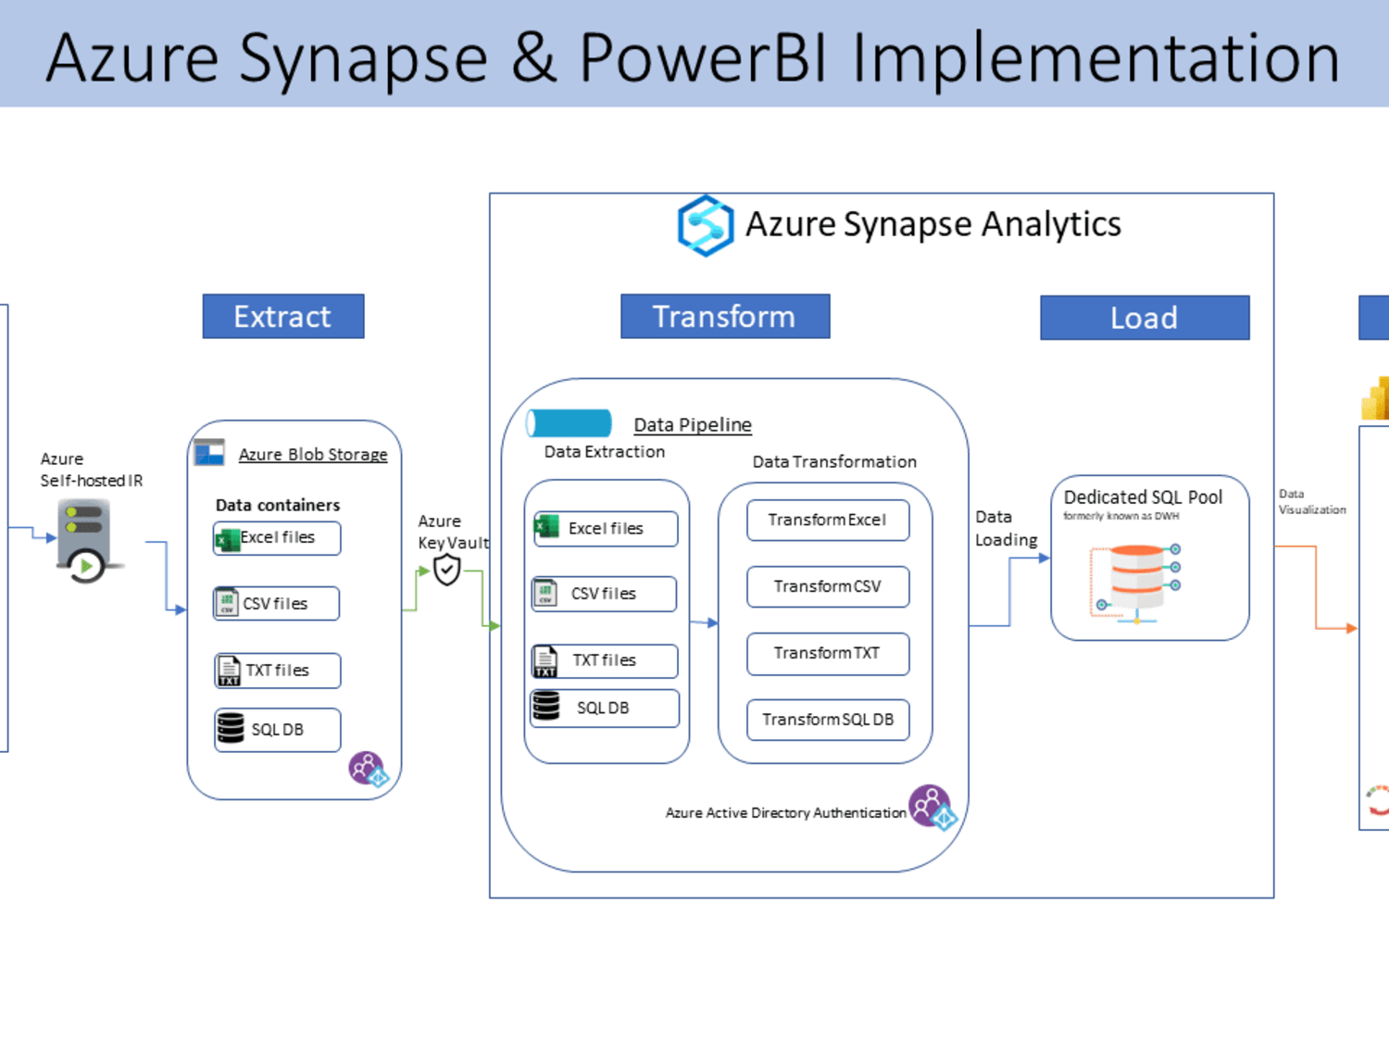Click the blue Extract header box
[282, 317]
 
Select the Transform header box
[725, 317]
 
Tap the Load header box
[1145, 318]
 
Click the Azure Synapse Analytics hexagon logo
[706, 225]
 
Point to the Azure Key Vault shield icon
[446, 570]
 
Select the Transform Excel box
[828, 520]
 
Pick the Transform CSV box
[828, 586]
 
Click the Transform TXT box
[828, 654]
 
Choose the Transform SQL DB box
[828, 720]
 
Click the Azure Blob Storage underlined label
[313, 455]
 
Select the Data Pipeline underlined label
[693, 424]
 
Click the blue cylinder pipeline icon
[569, 423]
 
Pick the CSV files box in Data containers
[277, 604]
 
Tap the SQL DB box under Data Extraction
[605, 708]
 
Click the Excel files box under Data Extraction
[606, 528]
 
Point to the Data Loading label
[1007, 528]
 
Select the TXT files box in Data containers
[277, 671]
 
